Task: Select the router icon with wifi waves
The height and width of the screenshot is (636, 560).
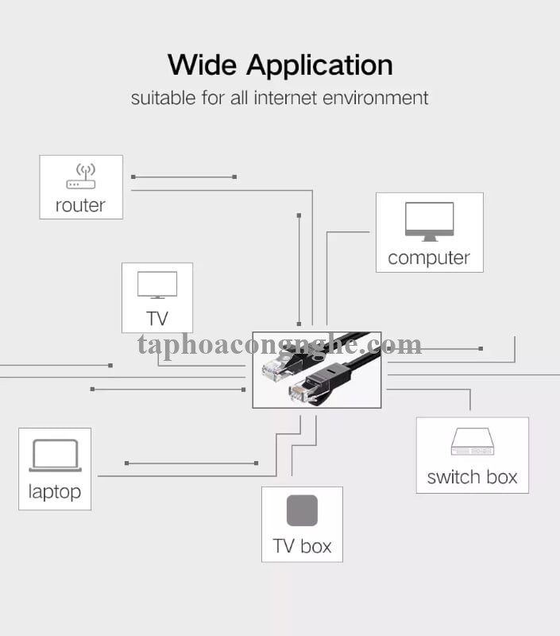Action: (x=81, y=176)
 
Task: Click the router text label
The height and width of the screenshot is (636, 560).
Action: (x=80, y=205)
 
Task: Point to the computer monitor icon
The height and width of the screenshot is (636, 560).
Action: (x=429, y=221)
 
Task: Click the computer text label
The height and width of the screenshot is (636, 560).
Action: (x=429, y=258)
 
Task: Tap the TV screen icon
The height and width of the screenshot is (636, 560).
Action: (x=157, y=285)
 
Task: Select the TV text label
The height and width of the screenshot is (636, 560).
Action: (x=157, y=319)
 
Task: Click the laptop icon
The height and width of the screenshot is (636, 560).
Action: (x=55, y=456)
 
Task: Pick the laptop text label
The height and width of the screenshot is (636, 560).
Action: (x=55, y=491)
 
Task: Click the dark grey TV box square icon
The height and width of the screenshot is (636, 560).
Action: (x=302, y=510)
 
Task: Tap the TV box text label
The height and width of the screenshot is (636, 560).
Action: (x=302, y=546)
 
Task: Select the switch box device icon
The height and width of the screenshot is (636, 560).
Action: (x=472, y=441)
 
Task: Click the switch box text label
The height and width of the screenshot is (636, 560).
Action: (x=472, y=477)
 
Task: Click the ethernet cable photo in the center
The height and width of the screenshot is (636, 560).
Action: (x=317, y=370)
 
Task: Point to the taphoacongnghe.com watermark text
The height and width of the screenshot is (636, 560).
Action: (x=280, y=344)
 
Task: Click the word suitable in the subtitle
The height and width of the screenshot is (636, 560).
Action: (x=162, y=98)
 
